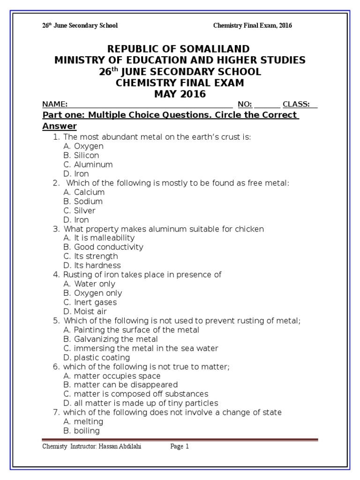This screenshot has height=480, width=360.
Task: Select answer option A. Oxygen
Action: point(83,146)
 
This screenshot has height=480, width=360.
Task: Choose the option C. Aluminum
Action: point(88,165)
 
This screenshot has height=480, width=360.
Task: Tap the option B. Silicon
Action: point(81,155)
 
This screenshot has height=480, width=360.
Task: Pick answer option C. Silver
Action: point(79,210)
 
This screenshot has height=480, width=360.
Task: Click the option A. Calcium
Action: point(84,192)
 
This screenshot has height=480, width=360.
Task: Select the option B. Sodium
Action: point(82,201)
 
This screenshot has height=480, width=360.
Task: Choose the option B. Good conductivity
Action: point(103,247)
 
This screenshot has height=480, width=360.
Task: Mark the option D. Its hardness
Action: point(92,265)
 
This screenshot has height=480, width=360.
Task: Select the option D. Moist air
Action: point(85,311)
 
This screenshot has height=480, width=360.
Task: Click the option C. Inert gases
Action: point(90,302)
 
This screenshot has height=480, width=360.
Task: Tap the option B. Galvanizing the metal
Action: point(110,339)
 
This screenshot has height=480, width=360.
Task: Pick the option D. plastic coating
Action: point(96,357)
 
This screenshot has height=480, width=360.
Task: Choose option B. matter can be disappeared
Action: point(120,385)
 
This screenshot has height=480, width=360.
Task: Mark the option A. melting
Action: point(83,421)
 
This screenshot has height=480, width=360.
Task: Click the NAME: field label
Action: point(55,104)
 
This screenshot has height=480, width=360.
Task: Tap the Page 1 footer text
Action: point(180,447)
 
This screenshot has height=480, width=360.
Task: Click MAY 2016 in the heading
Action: point(180,94)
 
